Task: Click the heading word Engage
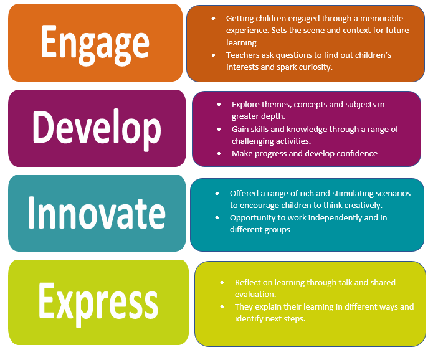(x=95, y=45)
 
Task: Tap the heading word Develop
(x=97, y=129)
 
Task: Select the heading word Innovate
(x=97, y=213)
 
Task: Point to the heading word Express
(x=98, y=303)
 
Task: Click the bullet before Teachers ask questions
(x=213, y=55)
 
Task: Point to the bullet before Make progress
(x=219, y=153)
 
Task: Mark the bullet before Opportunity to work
(x=217, y=218)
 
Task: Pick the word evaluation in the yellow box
(x=255, y=295)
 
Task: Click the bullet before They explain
(x=222, y=307)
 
